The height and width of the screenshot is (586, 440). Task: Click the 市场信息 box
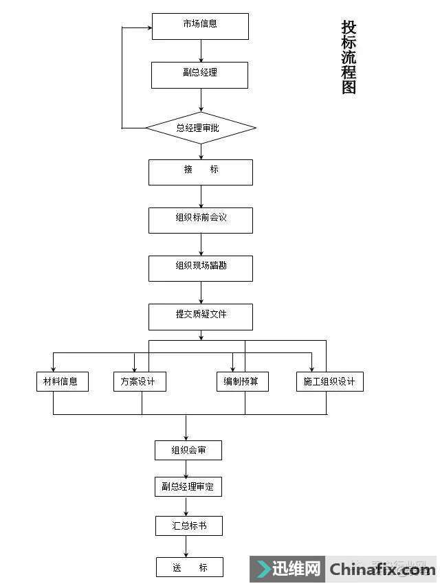tap(199, 25)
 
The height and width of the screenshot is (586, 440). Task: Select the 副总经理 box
tap(199, 75)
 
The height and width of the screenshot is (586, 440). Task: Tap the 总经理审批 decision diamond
tap(201, 128)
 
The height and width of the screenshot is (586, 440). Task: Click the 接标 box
tap(201, 172)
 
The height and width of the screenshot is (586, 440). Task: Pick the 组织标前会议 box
tap(201, 220)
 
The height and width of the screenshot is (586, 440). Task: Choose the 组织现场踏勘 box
tap(201, 268)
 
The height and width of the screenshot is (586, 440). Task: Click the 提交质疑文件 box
tap(201, 317)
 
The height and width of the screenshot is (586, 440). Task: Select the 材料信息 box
tap(62, 381)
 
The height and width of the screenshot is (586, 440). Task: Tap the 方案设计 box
tap(140, 381)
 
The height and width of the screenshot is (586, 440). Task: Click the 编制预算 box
tap(242, 381)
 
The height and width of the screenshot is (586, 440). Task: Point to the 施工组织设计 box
tap(330, 381)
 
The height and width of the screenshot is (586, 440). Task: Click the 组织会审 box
tap(188, 451)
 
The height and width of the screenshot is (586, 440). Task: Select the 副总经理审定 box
tap(188, 487)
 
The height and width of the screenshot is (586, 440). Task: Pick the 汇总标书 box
tap(189, 526)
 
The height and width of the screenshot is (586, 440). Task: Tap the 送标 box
tap(189, 567)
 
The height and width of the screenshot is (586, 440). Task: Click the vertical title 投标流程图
tap(349, 57)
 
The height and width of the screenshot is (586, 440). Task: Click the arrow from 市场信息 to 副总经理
tap(201, 50)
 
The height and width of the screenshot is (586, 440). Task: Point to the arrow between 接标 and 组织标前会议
tap(201, 196)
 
